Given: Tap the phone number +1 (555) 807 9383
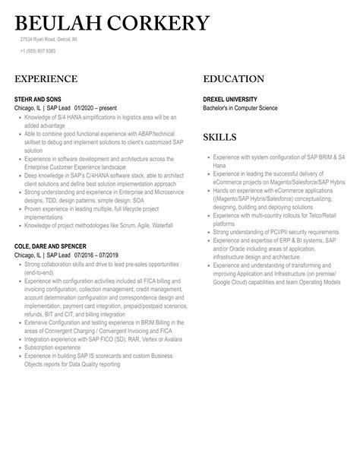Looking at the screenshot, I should tap(38, 51).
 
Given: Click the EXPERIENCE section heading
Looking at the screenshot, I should tap(46, 79).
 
